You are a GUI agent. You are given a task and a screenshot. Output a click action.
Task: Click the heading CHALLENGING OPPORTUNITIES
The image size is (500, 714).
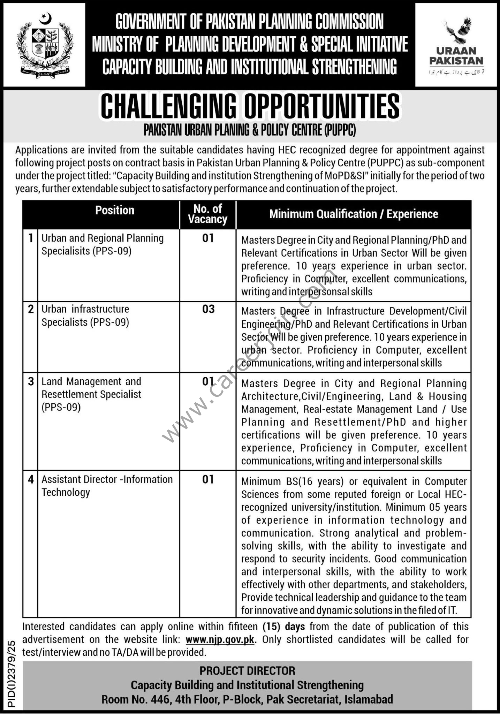coord(250,106)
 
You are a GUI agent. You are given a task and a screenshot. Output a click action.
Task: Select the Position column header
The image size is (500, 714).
coord(115,210)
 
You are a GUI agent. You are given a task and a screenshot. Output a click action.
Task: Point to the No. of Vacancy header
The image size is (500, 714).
coord(208,214)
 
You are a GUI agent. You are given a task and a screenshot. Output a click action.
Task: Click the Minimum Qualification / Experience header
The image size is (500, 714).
coord(354,214)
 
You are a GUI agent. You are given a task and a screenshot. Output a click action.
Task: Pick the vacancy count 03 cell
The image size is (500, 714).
coord(208,309)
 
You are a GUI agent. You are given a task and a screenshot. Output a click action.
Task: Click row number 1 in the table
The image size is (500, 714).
coord(31,238)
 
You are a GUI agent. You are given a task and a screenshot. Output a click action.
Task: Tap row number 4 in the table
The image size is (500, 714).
coord(31,480)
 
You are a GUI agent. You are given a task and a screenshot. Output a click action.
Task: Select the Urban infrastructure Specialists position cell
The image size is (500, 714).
coord(85,316)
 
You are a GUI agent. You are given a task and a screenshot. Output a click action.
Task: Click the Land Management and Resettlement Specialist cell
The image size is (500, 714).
coord(91,394)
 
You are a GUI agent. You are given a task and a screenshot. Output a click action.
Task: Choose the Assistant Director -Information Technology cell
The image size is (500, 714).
coord(107,486)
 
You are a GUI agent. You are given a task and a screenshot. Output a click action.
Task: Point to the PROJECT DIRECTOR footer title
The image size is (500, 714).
coord(247,670)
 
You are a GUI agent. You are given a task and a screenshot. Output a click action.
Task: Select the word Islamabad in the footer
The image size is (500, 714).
coord(369,699)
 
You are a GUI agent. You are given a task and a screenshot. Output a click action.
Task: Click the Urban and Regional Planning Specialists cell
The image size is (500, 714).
coord(103,244)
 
